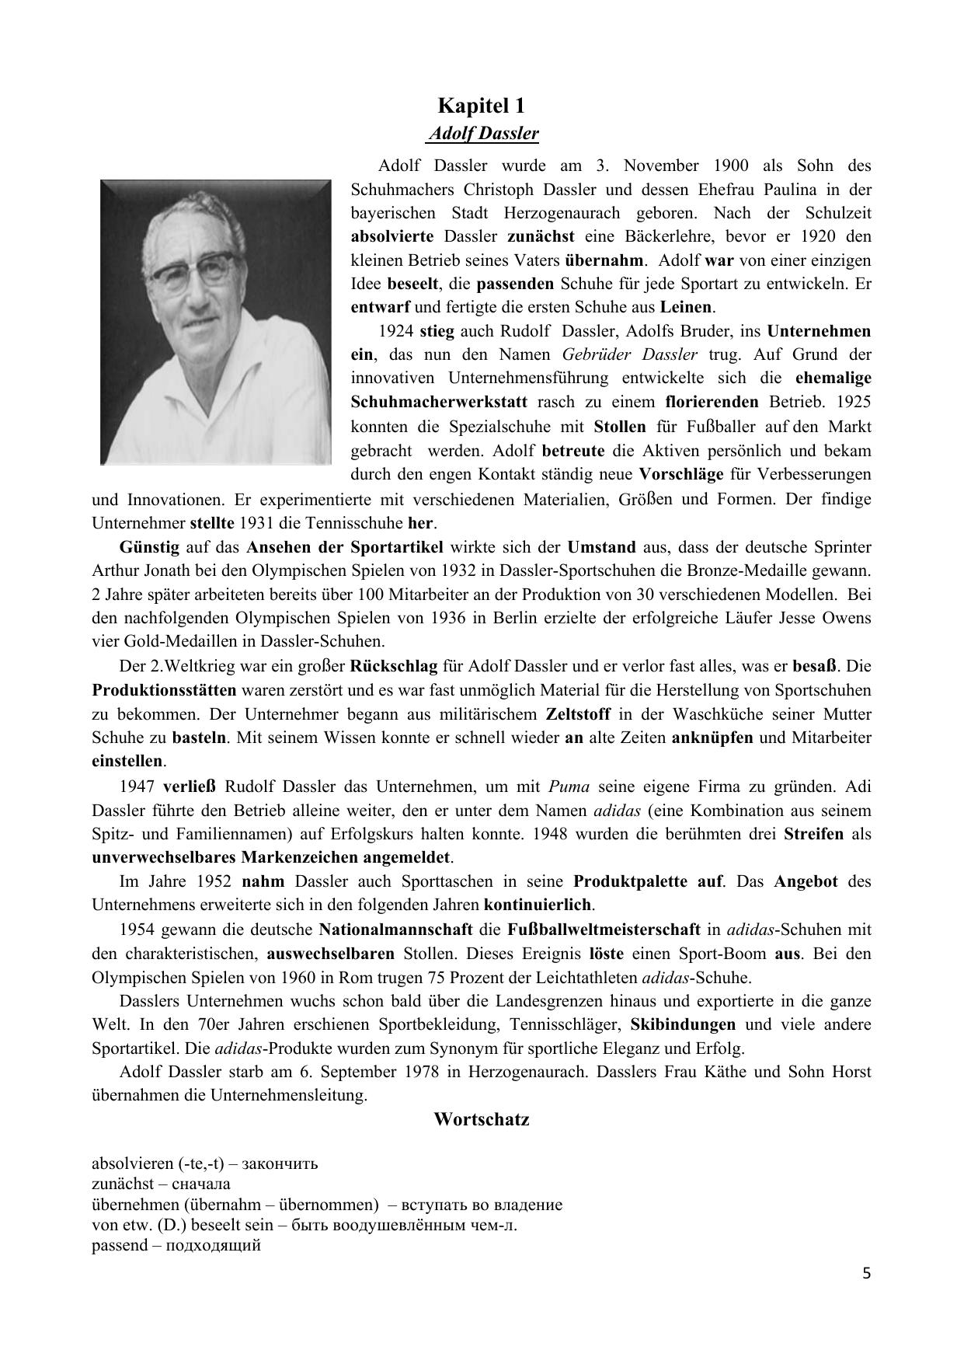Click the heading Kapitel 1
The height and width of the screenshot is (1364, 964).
(x=481, y=105)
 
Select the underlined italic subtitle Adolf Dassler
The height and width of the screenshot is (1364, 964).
(x=483, y=134)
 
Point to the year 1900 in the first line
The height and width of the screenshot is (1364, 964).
(x=728, y=166)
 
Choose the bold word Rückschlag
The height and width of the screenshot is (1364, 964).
(x=394, y=666)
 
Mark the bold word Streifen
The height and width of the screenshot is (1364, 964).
(x=813, y=834)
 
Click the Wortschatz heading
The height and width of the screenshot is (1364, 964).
(x=482, y=1120)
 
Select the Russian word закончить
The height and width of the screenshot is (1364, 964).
(x=280, y=1163)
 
